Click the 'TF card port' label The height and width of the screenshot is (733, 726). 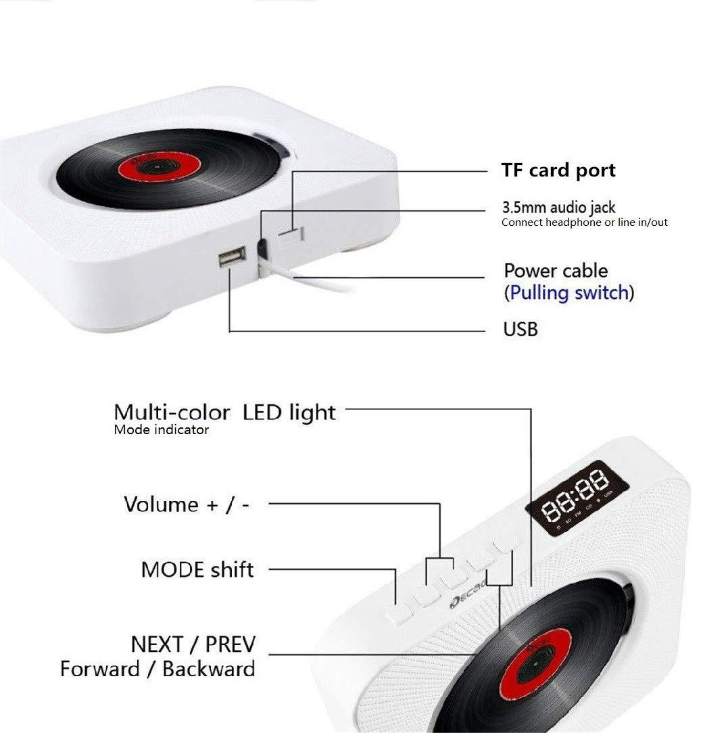(558, 170)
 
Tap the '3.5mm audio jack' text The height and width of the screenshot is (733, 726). (558, 208)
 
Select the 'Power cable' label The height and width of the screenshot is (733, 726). (556, 271)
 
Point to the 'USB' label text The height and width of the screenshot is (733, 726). (521, 330)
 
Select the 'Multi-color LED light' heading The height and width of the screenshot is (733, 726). (224, 412)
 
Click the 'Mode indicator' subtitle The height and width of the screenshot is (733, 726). (161, 429)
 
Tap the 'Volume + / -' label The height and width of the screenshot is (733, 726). (187, 504)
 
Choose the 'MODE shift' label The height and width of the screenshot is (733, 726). (197, 569)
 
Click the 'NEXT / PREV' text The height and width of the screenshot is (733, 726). (193, 643)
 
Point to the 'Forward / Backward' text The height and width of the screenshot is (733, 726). (158, 669)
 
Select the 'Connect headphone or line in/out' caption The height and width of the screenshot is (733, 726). (584, 222)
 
